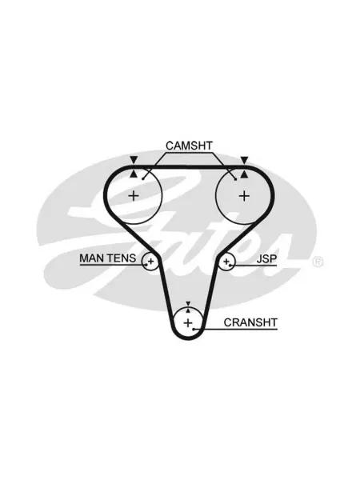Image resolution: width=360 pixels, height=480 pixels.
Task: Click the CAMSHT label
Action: click(x=189, y=146)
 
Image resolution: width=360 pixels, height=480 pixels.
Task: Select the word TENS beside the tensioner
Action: click(x=122, y=258)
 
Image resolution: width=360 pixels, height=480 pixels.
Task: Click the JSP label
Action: click(x=266, y=259)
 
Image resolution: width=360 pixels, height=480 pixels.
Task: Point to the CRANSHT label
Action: click(x=250, y=322)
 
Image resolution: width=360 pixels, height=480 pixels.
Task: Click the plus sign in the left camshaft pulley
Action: click(x=134, y=195)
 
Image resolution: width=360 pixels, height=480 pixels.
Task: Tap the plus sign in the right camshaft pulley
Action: click(x=244, y=196)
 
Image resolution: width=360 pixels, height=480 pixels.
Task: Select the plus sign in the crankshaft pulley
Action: click(x=188, y=322)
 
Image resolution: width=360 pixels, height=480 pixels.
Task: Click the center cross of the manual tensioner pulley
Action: click(x=150, y=261)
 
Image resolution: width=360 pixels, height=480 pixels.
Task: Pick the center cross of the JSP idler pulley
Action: click(x=226, y=262)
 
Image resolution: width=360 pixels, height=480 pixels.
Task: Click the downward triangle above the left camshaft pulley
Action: click(x=134, y=160)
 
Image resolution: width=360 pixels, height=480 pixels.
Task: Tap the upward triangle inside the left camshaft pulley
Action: click(x=134, y=174)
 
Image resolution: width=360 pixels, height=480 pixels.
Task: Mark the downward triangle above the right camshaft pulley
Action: click(x=244, y=160)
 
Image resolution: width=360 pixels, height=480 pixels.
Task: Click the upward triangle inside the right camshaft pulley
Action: click(x=244, y=174)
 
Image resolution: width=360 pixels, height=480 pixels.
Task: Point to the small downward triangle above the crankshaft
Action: click(x=188, y=303)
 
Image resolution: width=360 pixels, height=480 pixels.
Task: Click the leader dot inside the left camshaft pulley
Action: click(x=142, y=179)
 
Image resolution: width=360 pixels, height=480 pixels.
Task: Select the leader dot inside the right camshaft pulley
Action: click(x=235, y=179)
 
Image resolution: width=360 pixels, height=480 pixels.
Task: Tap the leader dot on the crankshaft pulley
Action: click(x=194, y=330)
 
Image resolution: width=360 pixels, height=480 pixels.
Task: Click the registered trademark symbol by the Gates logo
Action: click(x=318, y=262)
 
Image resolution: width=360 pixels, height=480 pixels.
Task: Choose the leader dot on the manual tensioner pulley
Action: click(x=146, y=265)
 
